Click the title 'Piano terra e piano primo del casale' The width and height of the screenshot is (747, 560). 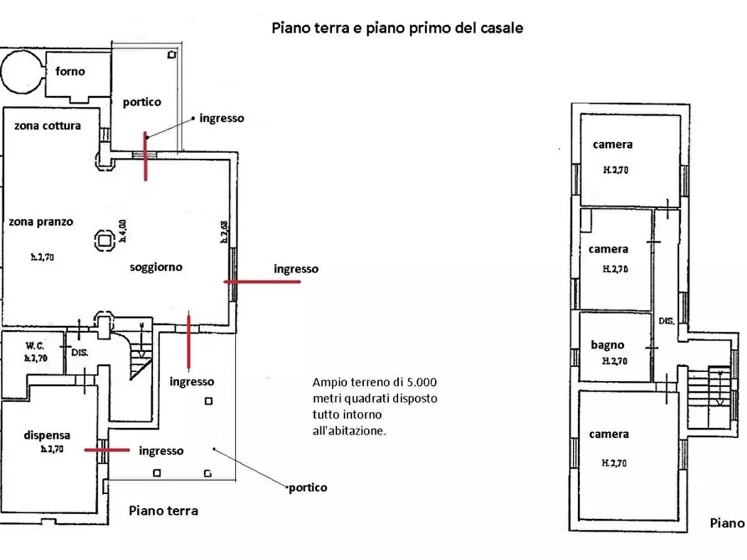coord(397,28)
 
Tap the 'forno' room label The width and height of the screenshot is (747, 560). coord(70,72)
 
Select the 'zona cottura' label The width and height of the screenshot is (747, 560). coord(47,126)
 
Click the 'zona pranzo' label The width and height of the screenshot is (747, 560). coord(41,222)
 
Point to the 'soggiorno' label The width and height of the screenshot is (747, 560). coord(156,267)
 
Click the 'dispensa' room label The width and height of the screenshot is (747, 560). coord(47,435)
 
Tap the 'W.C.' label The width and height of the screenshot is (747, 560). coord(35,344)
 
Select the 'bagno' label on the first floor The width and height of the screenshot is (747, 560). coord(607,345)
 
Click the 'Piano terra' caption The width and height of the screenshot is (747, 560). coord(163,511)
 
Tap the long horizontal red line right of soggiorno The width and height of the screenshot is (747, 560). coord(263,282)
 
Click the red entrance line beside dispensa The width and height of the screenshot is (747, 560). coord(107,450)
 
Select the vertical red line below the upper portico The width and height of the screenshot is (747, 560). coord(146,156)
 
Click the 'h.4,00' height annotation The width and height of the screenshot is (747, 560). coord(122,230)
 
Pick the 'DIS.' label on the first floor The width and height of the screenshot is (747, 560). coord(667,321)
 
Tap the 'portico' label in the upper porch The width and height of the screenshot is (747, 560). coord(141,102)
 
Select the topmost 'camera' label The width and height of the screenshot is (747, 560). coord(612,145)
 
